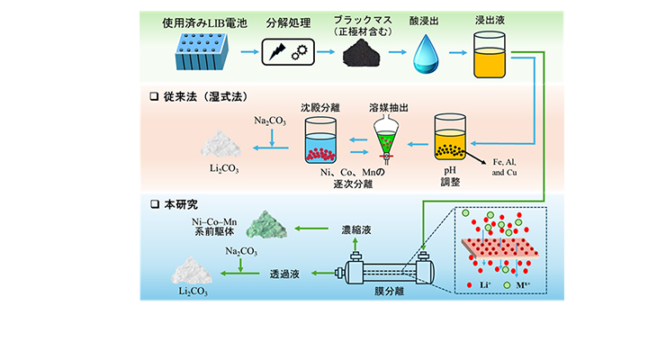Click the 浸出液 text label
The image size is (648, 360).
pyautogui.click(x=492, y=20)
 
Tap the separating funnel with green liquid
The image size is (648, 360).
pyautogui.click(x=382, y=143)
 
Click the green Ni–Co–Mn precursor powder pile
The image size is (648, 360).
pyautogui.click(x=271, y=225)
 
